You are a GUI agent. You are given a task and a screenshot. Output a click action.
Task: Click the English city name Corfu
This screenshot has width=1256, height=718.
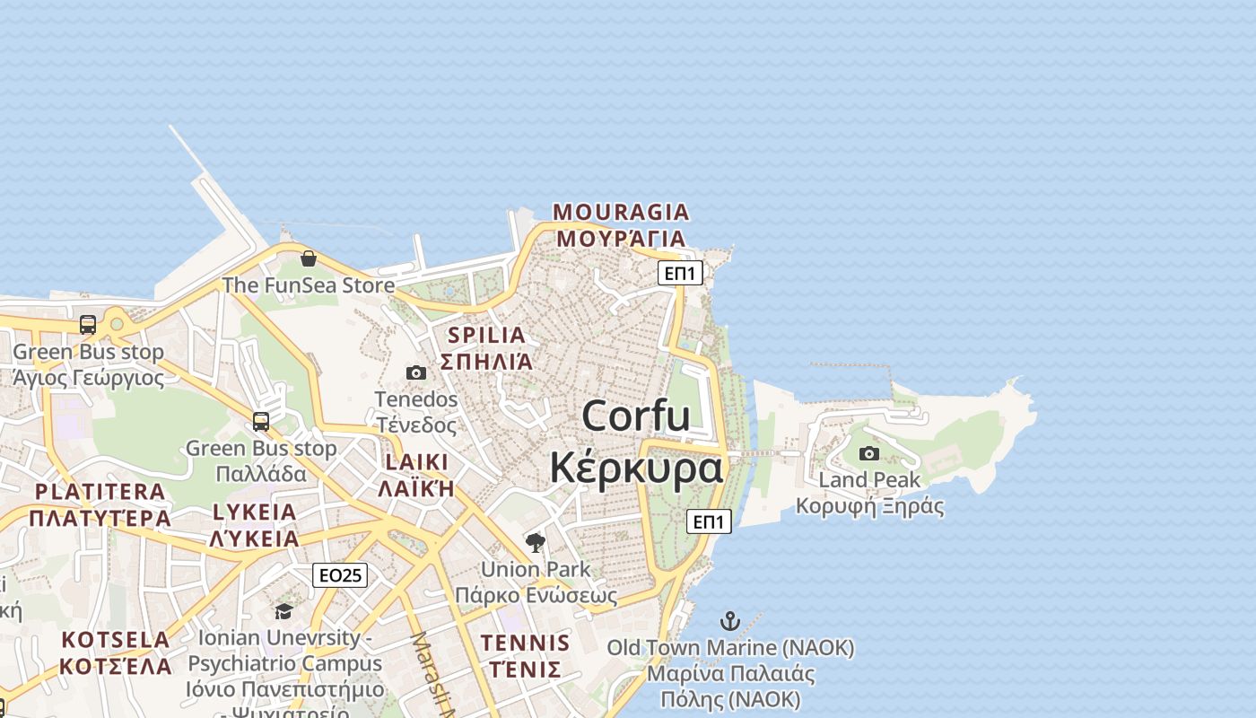pyautogui.click(x=636, y=416)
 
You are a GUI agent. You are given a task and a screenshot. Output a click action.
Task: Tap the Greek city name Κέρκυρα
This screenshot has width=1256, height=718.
pyautogui.click(x=636, y=468)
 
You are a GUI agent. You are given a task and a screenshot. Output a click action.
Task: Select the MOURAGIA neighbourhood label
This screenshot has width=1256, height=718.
pyautogui.click(x=621, y=213)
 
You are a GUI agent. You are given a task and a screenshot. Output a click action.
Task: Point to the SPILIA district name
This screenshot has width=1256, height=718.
pyautogui.click(x=486, y=336)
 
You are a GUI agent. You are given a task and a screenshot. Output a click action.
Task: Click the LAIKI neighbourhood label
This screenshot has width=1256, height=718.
pyautogui.click(x=416, y=462)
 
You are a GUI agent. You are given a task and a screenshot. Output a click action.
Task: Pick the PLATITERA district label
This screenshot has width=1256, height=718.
pyautogui.click(x=100, y=492)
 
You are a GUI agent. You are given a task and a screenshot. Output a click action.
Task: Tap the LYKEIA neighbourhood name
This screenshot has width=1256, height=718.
pyautogui.click(x=254, y=512)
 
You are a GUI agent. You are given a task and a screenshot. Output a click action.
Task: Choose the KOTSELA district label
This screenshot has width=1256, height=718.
pyautogui.click(x=116, y=640)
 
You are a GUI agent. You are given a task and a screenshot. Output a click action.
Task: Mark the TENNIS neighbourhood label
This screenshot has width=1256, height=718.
pyautogui.click(x=525, y=643)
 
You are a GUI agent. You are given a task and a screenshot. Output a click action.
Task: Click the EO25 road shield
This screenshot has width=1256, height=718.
pyautogui.click(x=340, y=575)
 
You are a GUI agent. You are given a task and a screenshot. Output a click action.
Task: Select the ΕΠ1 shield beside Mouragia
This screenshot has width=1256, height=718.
pyautogui.click(x=680, y=273)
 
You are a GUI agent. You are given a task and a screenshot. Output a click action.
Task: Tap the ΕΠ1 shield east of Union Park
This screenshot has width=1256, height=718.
pyautogui.click(x=709, y=521)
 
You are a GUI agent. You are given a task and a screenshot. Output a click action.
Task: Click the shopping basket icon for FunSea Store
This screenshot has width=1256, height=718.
pyautogui.click(x=309, y=258)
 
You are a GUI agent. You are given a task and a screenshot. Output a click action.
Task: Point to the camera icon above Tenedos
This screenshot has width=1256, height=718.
pyautogui.click(x=416, y=372)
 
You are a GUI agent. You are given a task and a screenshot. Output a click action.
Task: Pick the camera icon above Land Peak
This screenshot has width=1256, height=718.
pyautogui.click(x=869, y=453)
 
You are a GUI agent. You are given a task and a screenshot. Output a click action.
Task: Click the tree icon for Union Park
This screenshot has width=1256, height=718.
pyautogui.click(x=536, y=542)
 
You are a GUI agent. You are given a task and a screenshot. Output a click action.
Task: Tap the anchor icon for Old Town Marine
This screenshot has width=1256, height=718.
pyautogui.click(x=730, y=621)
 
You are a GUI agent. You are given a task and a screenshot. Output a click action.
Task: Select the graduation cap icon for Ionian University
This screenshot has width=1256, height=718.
pyautogui.click(x=284, y=611)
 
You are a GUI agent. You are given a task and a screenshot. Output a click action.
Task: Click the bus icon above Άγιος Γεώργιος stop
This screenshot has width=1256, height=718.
pyautogui.click(x=88, y=325)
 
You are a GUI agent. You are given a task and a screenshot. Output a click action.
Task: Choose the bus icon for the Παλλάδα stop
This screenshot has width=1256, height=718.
pyautogui.click(x=261, y=421)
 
